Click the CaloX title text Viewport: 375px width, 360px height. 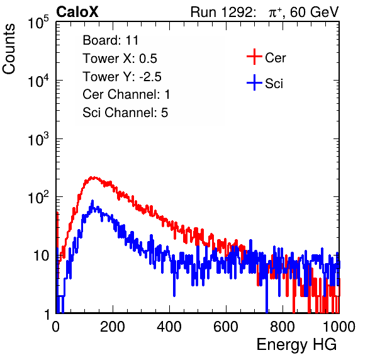tap(77, 12)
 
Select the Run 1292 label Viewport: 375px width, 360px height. tap(221, 12)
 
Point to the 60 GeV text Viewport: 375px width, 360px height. tap(315, 12)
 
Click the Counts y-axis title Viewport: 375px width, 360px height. tap(9, 49)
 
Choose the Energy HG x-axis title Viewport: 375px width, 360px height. tap(296, 345)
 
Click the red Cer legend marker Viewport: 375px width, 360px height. tap(254, 57)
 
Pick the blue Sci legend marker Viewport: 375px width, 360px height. tap(254, 82)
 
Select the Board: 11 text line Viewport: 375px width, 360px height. tap(111, 40)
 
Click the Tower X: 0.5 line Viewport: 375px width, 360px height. tap(120, 59)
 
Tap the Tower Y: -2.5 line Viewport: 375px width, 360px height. tap(122, 77)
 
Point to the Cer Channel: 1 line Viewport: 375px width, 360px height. tap(126, 94)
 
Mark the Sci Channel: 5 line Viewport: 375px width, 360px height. tap(125, 113)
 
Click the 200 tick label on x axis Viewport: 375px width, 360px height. tap(113, 327)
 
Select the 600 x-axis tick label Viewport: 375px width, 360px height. tap(226, 327)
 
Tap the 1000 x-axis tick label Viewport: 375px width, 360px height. tap(339, 327)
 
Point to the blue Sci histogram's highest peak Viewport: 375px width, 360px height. tap(92, 201)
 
